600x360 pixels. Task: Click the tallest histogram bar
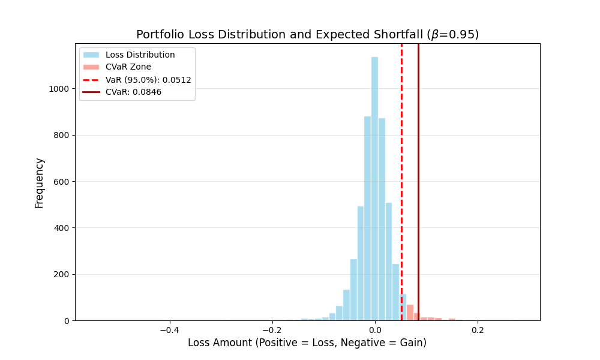(374, 192)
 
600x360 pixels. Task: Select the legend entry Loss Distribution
(140, 55)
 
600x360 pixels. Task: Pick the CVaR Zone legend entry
(128, 67)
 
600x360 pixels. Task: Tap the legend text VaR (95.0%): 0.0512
(148, 80)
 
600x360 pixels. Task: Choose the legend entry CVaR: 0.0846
(133, 92)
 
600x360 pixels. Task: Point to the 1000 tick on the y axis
(59, 89)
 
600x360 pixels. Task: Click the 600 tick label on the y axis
(62, 181)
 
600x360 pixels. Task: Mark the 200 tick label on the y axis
(62, 274)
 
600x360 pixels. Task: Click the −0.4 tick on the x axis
(169, 330)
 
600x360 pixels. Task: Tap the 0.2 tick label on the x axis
(477, 330)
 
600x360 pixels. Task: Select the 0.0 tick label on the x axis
(374, 330)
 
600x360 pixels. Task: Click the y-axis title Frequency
(40, 182)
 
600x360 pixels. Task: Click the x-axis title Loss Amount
(307, 343)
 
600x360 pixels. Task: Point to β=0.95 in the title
(454, 35)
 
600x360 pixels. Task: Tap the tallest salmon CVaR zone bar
(410, 313)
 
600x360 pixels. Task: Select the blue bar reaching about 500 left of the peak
(361, 264)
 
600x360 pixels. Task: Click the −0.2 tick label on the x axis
(272, 330)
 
